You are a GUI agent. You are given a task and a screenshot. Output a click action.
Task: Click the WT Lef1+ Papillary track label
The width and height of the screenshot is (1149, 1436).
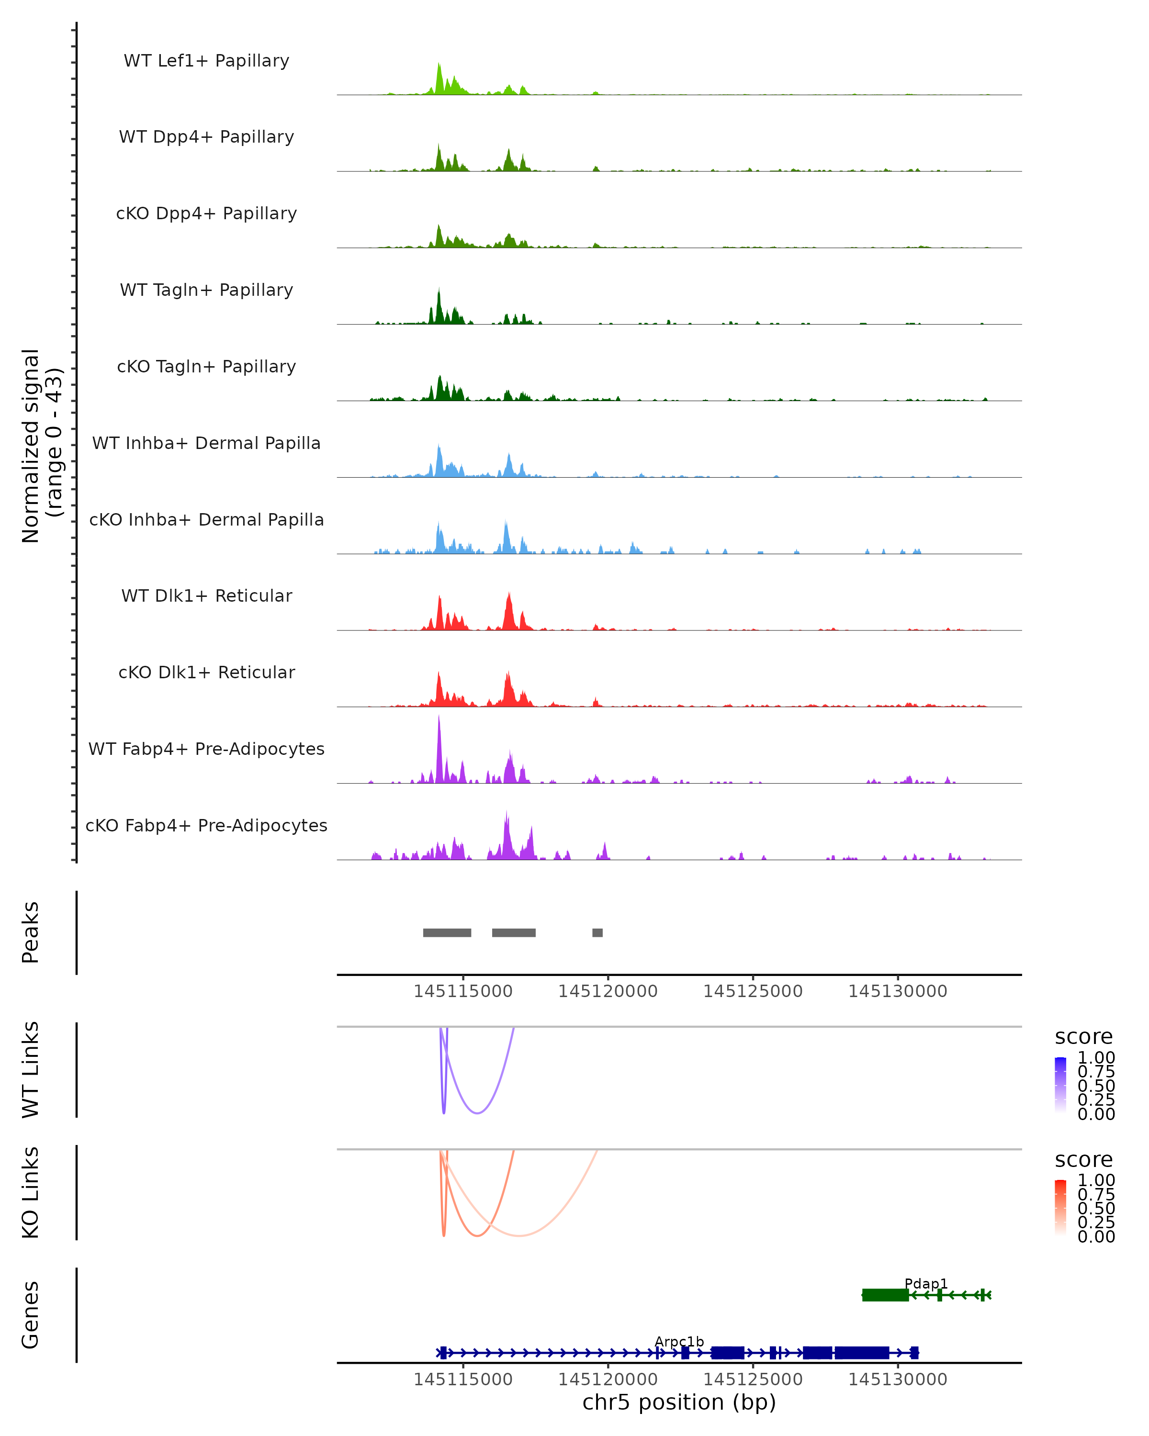206,61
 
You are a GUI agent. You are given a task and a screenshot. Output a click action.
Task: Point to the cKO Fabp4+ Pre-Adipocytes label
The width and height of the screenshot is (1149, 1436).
206,825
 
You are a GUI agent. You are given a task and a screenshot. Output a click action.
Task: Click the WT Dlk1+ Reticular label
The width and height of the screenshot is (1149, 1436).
206,595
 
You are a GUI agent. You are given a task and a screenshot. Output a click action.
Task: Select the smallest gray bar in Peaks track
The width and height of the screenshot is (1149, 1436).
597,932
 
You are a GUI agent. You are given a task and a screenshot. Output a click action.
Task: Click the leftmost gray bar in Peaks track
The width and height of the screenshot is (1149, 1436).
447,932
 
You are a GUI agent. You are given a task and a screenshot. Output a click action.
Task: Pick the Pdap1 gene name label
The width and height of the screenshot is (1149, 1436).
926,1283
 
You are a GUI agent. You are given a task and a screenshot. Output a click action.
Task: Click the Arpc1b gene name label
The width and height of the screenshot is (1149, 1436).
679,1341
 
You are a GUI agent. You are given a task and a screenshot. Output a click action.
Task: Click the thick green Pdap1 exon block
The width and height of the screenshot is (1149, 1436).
885,1295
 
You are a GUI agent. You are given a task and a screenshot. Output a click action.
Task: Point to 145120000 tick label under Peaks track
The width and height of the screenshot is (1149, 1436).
608,991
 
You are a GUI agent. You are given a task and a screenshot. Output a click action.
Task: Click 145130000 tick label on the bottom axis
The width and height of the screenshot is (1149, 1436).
897,1380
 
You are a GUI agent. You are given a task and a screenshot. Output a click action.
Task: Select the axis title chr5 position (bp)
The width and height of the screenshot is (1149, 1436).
679,1402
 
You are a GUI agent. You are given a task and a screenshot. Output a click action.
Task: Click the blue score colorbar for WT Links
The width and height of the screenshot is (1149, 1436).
1060,1084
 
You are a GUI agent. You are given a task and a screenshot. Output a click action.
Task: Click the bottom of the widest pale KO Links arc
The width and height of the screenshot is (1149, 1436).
519,1235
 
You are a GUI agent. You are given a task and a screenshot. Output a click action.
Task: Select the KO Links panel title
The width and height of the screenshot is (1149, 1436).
31,1192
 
